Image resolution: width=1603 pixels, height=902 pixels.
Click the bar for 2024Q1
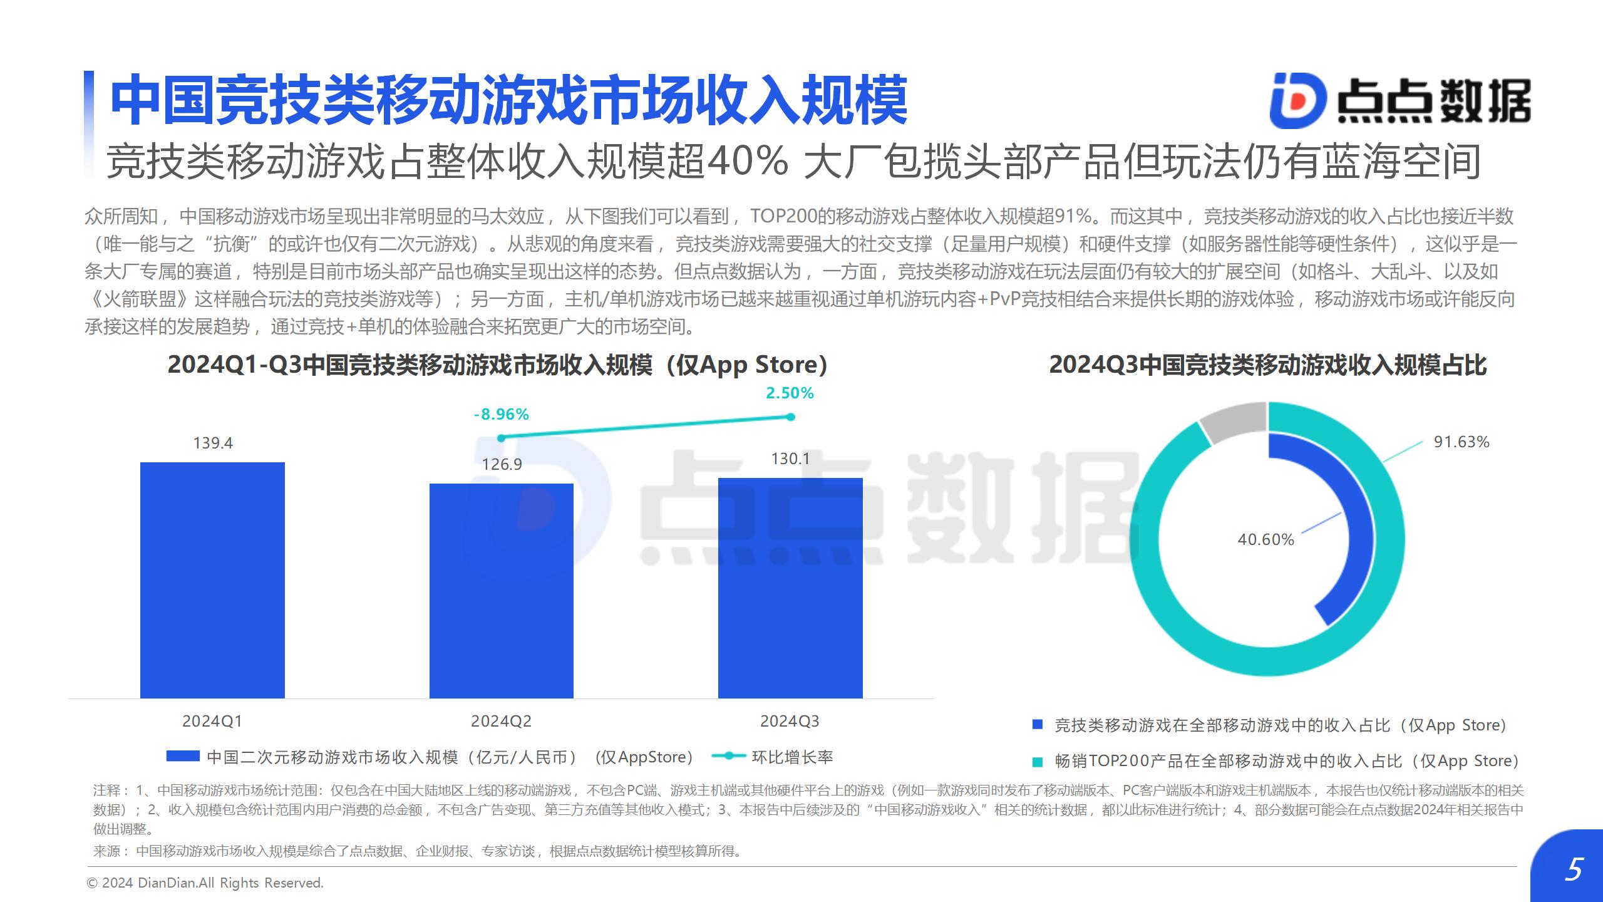tap(212, 580)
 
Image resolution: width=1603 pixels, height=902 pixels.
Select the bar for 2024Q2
tap(502, 590)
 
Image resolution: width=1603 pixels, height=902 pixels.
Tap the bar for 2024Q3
tap(790, 588)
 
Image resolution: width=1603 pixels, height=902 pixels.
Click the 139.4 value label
tap(213, 443)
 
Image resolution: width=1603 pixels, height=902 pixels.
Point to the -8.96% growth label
tap(502, 415)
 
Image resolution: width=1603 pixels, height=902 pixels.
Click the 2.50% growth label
tap(790, 393)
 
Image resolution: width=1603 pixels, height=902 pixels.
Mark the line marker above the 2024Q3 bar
tap(790, 417)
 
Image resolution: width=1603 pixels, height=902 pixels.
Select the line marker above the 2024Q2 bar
tap(501, 438)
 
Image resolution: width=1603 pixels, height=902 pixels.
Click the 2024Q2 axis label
tap(501, 722)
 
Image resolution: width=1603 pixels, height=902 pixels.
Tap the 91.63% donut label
tap(1461, 442)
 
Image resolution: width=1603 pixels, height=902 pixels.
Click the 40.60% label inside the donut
tap(1265, 540)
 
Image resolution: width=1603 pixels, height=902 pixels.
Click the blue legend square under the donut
tap(1038, 725)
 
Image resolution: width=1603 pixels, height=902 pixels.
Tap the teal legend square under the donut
tap(1038, 762)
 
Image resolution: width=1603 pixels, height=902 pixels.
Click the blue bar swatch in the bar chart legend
tap(183, 757)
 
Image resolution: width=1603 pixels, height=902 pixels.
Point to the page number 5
tap(1573, 870)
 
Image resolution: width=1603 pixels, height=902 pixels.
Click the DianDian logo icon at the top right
tap(1297, 100)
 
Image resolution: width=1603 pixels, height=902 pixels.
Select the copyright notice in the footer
tap(205, 883)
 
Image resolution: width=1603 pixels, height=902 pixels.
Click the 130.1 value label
tap(790, 459)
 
